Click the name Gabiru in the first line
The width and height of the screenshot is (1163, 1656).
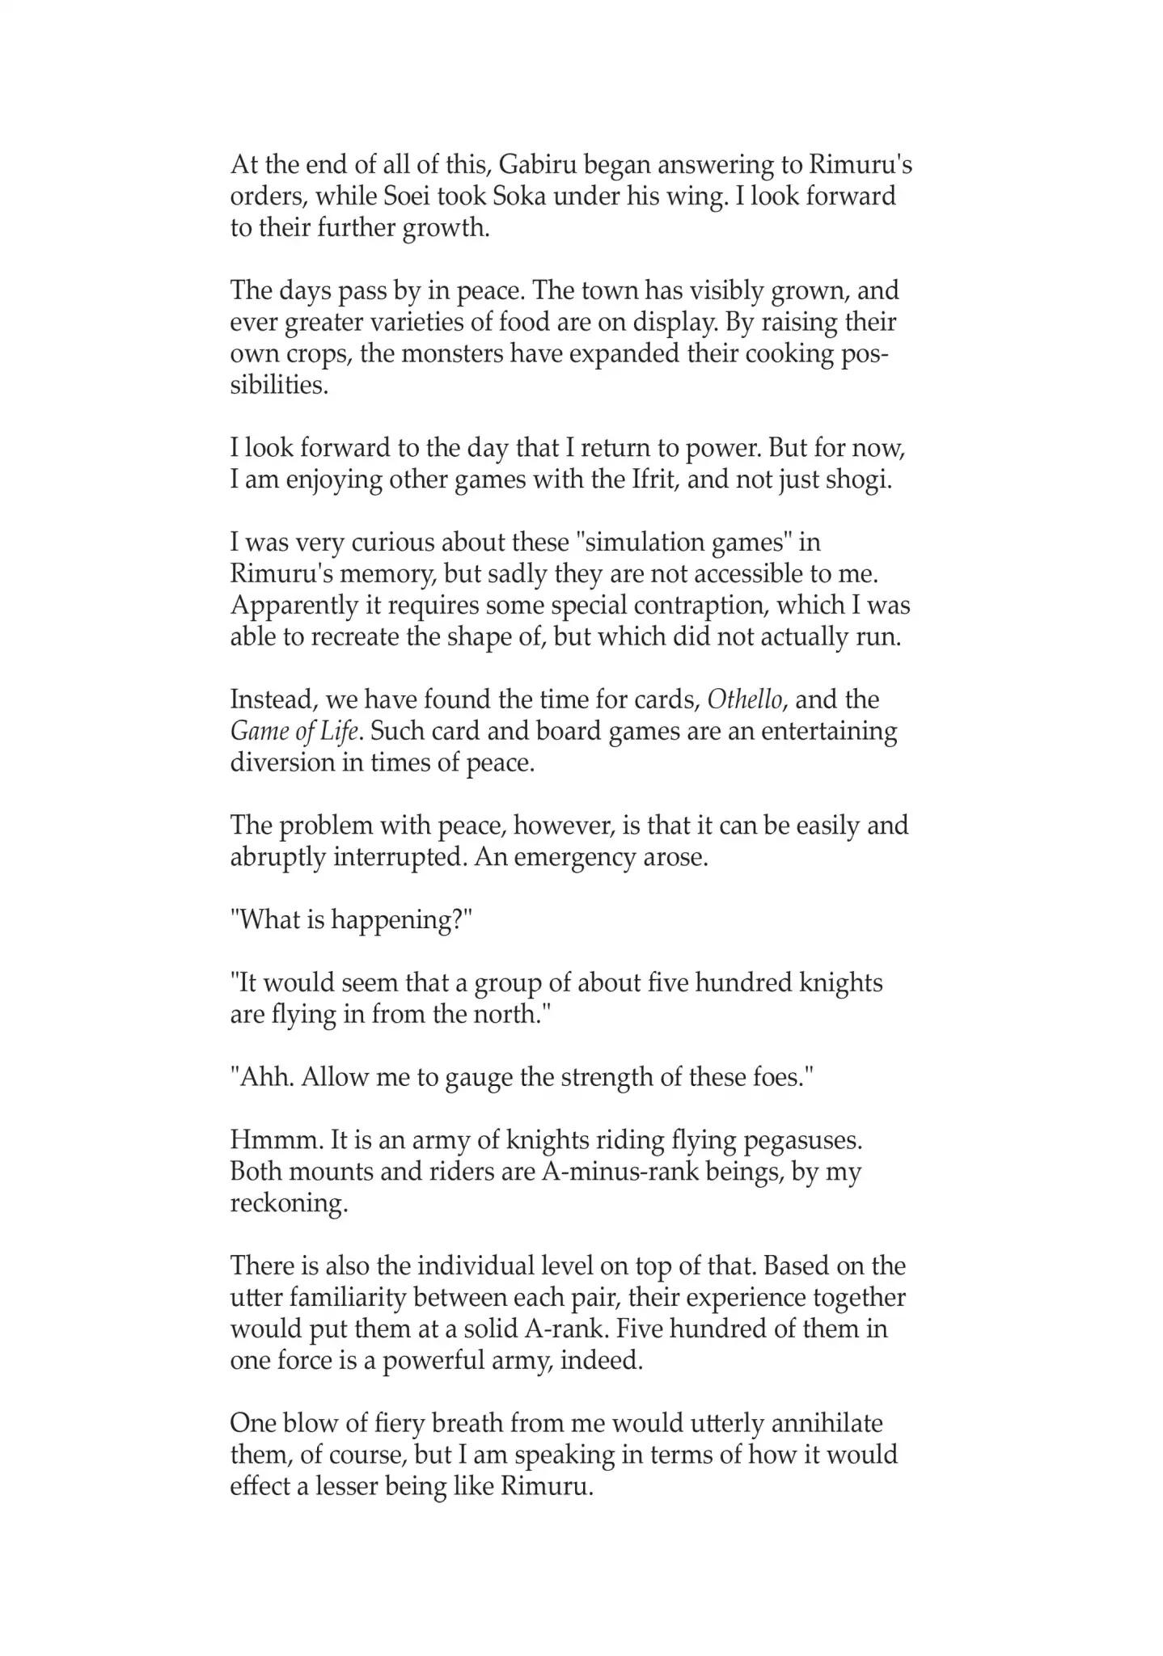(x=537, y=165)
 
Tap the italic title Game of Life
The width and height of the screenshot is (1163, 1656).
(x=294, y=732)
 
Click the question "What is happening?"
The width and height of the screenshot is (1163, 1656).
(x=351, y=920)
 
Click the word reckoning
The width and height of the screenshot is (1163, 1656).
(x=289, y=1204)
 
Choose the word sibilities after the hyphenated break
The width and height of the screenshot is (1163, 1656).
(x=279, y=386)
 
